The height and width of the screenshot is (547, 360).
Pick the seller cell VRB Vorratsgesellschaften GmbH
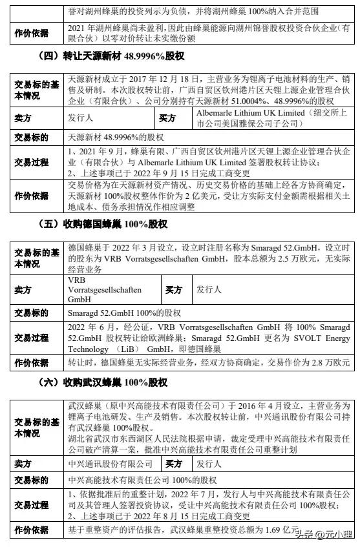pyautogui.click(x=103, y=291)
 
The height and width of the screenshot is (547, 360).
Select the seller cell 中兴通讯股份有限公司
pyautogui.click(x=111, y=463)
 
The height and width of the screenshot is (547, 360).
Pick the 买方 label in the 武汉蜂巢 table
pyautogui.click(x=174, y=463)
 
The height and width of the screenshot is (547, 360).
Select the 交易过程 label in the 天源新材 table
pyautogui.click(x=31, y=161)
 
